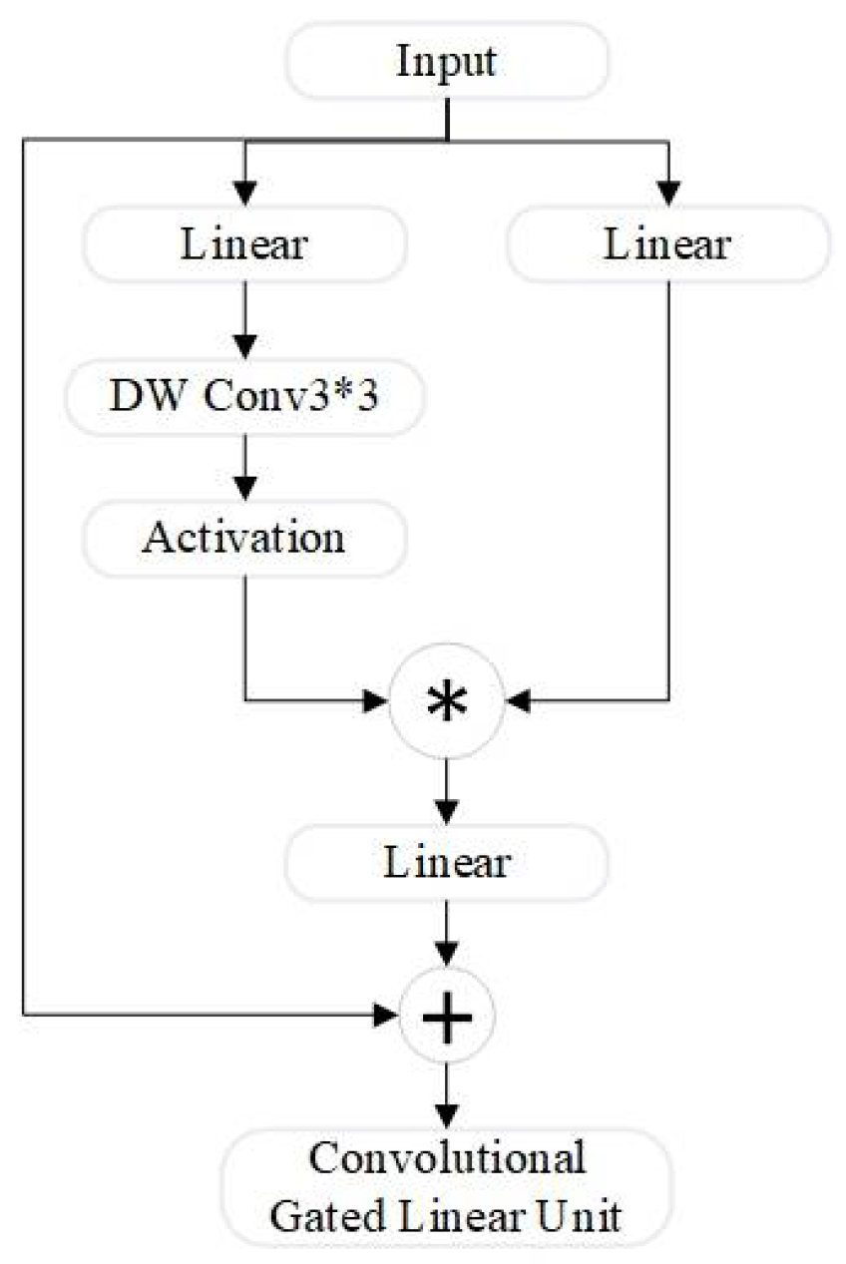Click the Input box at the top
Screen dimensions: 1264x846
pyautogui.click(x=446, y=62)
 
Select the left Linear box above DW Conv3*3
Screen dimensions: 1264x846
pyautogui.click(x=245, y=244)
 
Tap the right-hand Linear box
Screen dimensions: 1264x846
pyautogui.click(x=667, y=244)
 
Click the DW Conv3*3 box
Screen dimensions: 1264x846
pyautogui.click(x=245, y=394)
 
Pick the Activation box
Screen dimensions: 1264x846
pyautogui.click(x=245, y=539)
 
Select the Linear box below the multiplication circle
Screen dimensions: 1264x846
pyautogui.click(x=446, y=862)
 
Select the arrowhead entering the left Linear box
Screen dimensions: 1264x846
pyautogui.click(x=245, y=191)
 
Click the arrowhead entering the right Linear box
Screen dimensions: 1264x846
pyautogui.click(x=667, y=191)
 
